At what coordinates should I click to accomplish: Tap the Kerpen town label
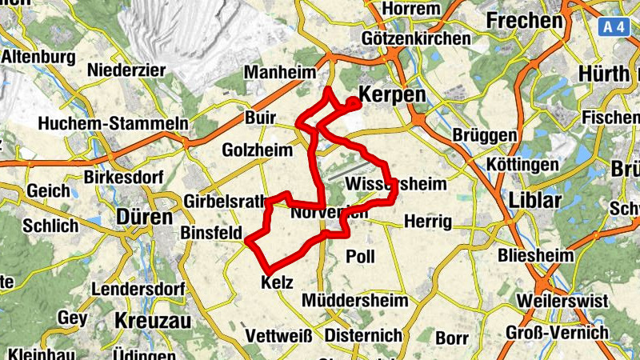[391, 94]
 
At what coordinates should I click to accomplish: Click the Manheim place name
[279, 73]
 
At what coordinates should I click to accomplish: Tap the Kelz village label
[278, 283]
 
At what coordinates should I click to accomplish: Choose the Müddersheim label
[355, 301]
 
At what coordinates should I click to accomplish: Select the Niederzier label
[131, 69]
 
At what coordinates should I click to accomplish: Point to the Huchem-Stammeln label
[113, 123]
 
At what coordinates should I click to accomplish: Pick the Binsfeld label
[212, 233]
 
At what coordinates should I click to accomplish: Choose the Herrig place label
[428, 221]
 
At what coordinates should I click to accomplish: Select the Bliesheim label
[535, 257]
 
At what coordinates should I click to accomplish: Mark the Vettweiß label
[278, 335]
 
